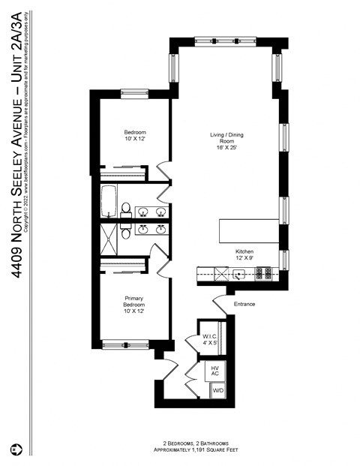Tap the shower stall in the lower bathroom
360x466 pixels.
click(x=109, y=239)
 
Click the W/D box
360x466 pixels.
click(x=217, y=391)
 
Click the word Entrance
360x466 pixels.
click(x=245, y=304)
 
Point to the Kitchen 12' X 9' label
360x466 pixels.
click(x=245, y=254)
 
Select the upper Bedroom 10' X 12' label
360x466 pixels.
click(x=135, y=136)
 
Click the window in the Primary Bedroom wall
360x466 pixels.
click(x=120, y=345)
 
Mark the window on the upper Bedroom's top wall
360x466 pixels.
click(x=135, y=94)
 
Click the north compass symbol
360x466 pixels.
click(x=16, y=449)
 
